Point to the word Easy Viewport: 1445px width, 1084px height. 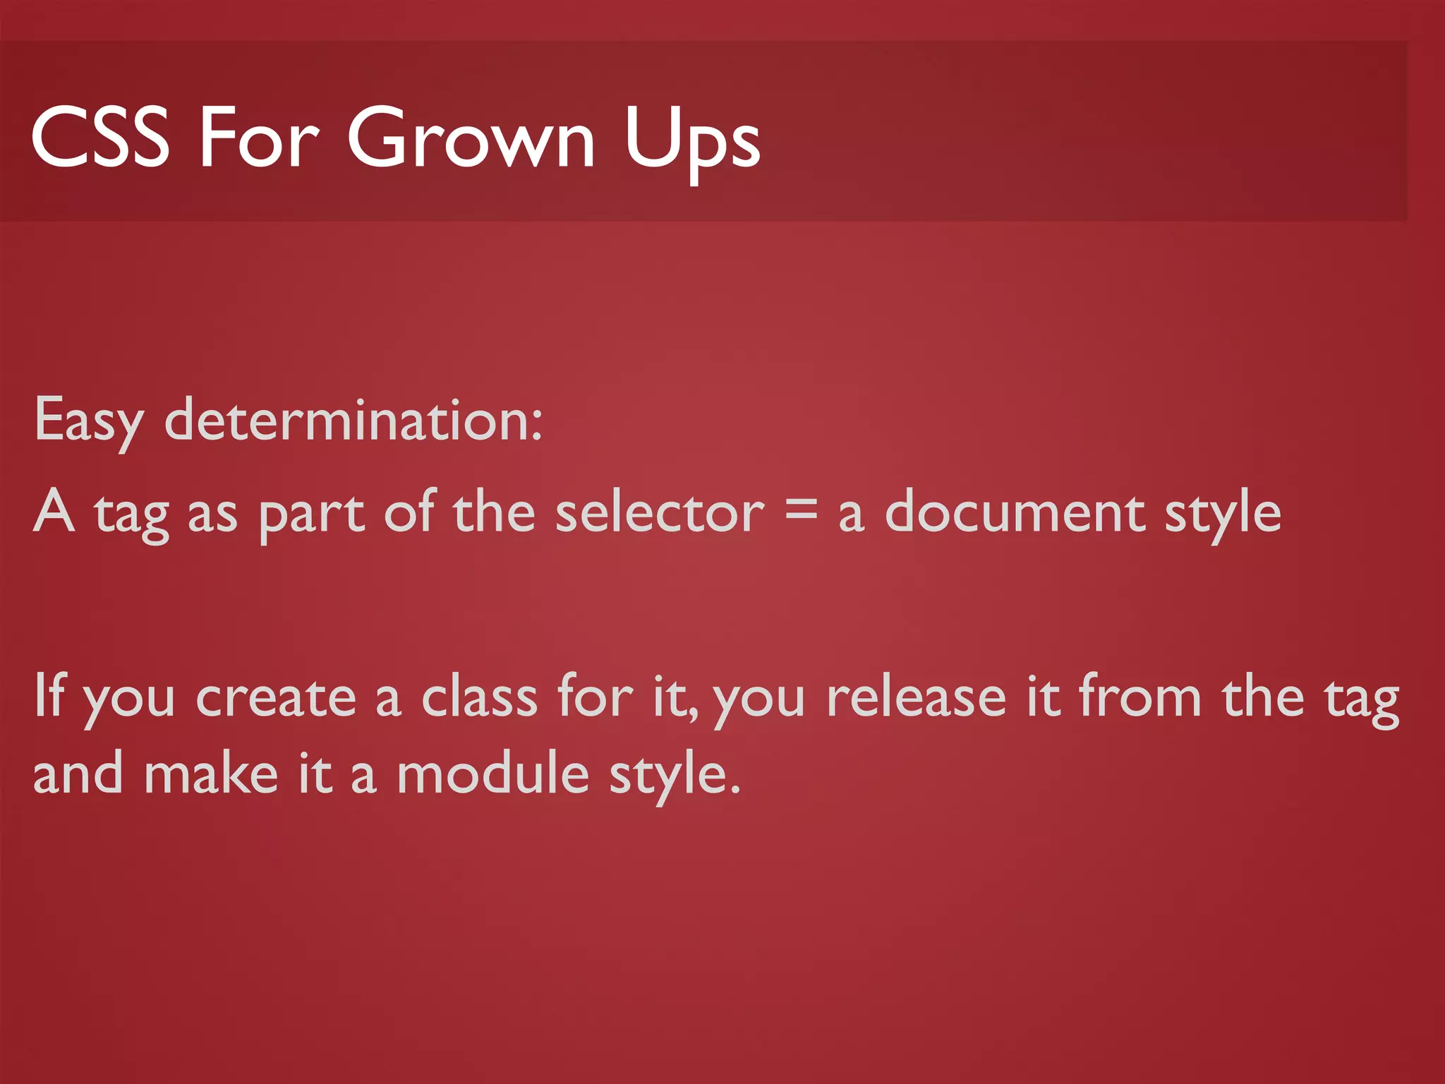88,421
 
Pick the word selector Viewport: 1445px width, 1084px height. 659,512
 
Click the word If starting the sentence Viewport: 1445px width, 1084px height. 49,695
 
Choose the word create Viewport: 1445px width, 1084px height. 276,697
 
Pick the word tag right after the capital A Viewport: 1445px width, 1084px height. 132,514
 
